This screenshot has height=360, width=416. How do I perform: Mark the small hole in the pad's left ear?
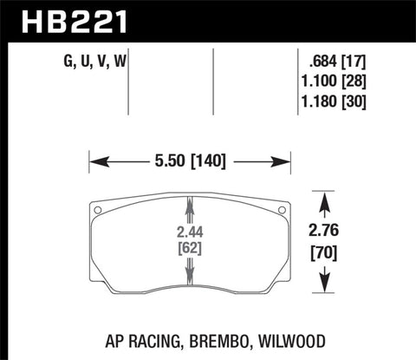(99, 209)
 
